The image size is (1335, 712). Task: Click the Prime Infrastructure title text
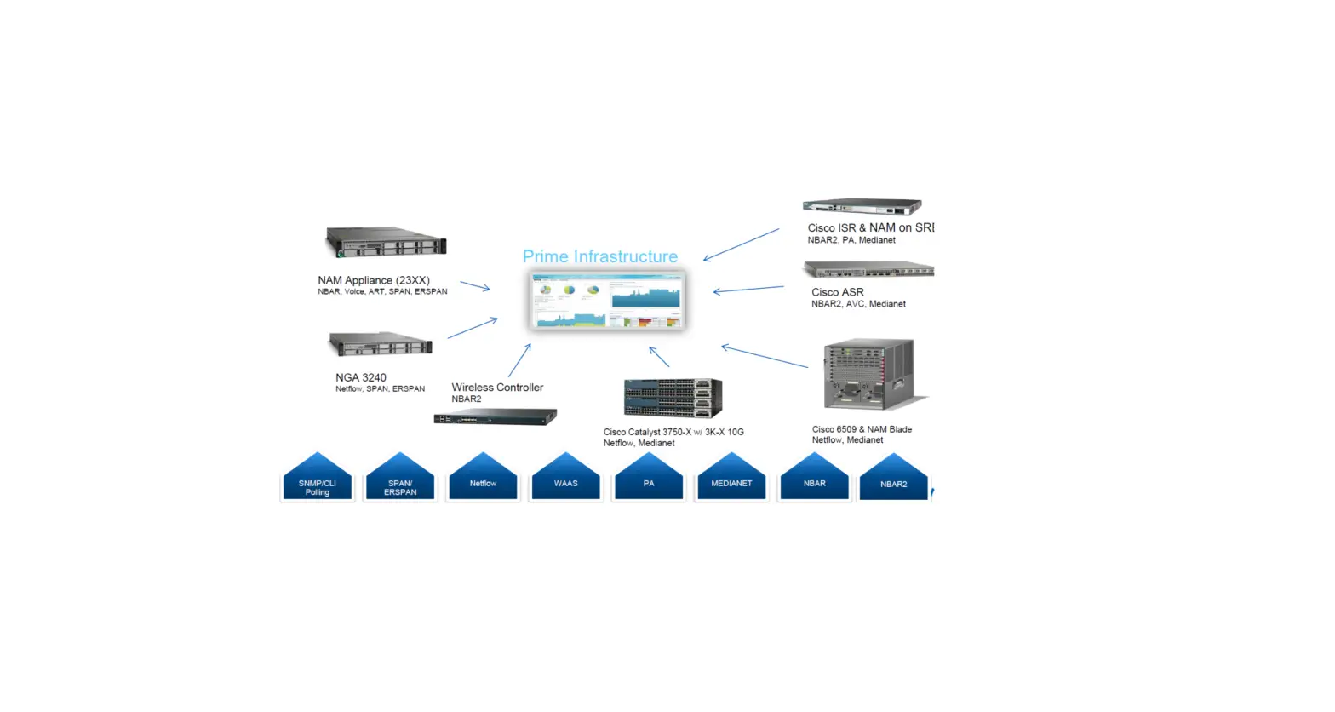[x=599, y=256]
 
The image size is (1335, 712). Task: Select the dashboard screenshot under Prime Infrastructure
[x=606, y=300]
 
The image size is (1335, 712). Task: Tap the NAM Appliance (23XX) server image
[x=386, y=242]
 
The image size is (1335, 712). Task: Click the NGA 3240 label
[x=361, y=377]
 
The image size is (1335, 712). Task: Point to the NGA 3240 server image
[x=380, y=344]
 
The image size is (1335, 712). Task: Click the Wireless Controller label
[x=497, y=388]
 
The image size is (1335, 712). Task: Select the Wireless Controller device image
[x=495, y=417]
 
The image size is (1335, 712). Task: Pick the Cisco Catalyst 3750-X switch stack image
[x=673, y=398]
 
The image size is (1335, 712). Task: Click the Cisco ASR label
[x=837, y=292]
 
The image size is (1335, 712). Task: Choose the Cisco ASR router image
[x=868, y=270]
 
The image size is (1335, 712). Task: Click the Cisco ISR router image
[x=862, y=206]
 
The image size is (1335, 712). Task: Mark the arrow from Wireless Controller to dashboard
[x=519, y=360]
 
